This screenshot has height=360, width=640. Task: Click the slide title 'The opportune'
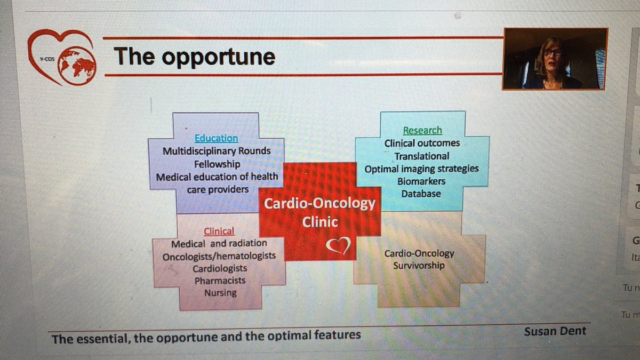coord(194,57)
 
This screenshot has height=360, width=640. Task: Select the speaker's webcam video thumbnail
coord(555,58)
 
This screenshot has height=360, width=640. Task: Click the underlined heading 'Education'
coord(216,138)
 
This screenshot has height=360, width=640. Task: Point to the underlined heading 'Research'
coord(422,130)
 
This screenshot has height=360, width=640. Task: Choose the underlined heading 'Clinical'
coord(219,231)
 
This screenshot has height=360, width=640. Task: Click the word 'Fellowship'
coord(217,164)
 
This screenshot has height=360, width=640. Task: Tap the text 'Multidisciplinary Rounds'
coord(217,151)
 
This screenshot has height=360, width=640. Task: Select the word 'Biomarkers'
coord(421,181)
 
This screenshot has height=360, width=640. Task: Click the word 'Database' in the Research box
coord(421,194)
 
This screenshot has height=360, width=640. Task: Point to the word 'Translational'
coord(422,156)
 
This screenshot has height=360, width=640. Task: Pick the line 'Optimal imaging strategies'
coord(421,169)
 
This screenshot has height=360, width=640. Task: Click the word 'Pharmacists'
coord(220,281)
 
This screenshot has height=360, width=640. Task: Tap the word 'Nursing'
coord(220,293)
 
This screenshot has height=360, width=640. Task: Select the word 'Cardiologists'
coord(220,268)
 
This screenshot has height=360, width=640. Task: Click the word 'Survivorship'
coord(419,265)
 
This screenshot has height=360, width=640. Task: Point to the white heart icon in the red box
coord(338,246)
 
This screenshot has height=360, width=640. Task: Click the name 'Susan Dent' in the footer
coord(555,331)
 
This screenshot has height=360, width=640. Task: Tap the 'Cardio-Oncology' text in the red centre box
coord(320,204)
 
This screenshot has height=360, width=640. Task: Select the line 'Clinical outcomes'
coord(422,143)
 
